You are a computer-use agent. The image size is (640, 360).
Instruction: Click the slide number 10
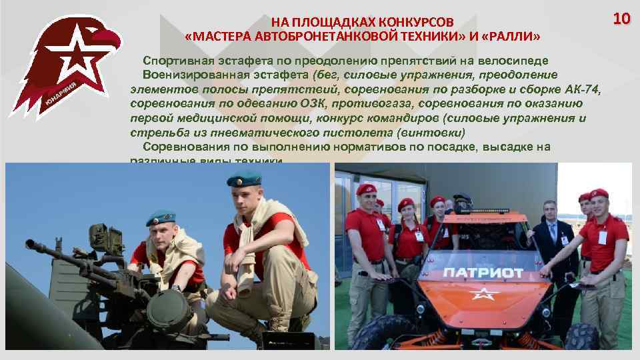(x=621, y=18)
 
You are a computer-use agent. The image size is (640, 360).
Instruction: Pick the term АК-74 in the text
(x=582, y=89)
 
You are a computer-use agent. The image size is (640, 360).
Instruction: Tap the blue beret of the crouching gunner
(x=160, y=217)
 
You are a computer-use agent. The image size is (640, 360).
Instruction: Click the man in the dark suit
(x=550, y=247)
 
